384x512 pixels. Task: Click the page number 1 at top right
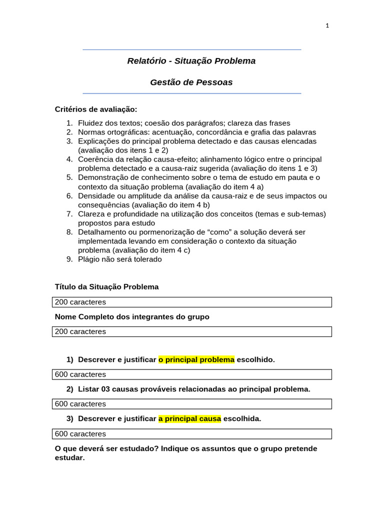coord(327,26)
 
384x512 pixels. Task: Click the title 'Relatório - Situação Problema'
coord(191,61)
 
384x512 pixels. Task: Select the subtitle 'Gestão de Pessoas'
coord(191,82)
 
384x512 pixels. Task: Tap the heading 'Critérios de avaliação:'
coord(95,109)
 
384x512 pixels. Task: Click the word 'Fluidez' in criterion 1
coord(91,123)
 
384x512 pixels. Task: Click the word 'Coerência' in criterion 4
coord(95,159)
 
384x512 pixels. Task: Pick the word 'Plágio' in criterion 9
coord(89,259)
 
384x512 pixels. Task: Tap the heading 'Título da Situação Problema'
coord(106,287)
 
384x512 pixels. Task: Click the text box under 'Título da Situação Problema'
coord(191,302)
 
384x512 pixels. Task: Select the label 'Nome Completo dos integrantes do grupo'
coord(132,317)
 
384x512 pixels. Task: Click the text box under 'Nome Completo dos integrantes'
coord(191,331)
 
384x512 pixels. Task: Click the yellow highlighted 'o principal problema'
coord(196,359)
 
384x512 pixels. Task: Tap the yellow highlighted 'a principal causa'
coord(189,418)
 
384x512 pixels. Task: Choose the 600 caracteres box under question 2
coord(191,404)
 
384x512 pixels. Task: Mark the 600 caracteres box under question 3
coord(191,434)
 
